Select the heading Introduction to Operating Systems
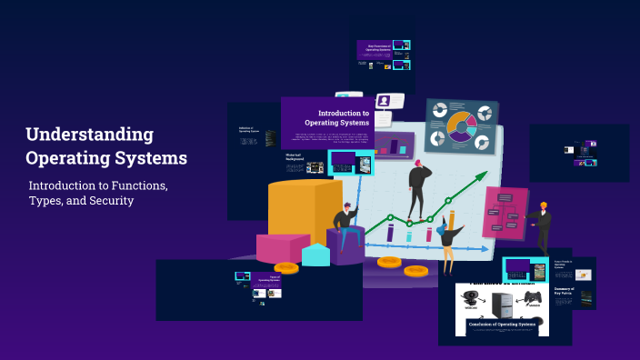[336, 117]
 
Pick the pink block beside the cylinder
[283, 246]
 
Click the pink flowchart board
[505, 211]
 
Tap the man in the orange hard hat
[542, 226]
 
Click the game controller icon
[533, 298]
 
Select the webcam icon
[471, 296]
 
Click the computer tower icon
[502, 298]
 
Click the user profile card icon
[385, 101]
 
